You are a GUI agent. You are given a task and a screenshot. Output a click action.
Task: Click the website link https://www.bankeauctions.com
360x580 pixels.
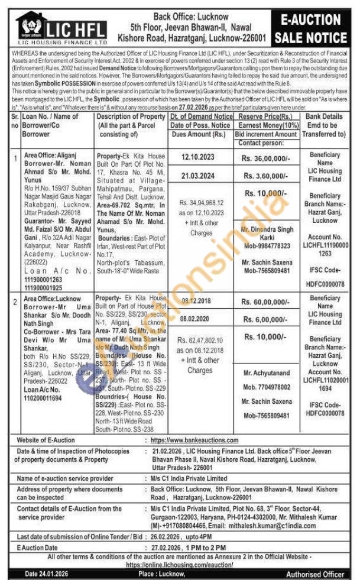pos(194,440)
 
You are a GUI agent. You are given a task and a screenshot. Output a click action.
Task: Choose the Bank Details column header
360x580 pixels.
pos(325,125)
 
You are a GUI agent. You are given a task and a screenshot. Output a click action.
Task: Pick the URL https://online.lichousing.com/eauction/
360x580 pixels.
pos(178,565)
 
